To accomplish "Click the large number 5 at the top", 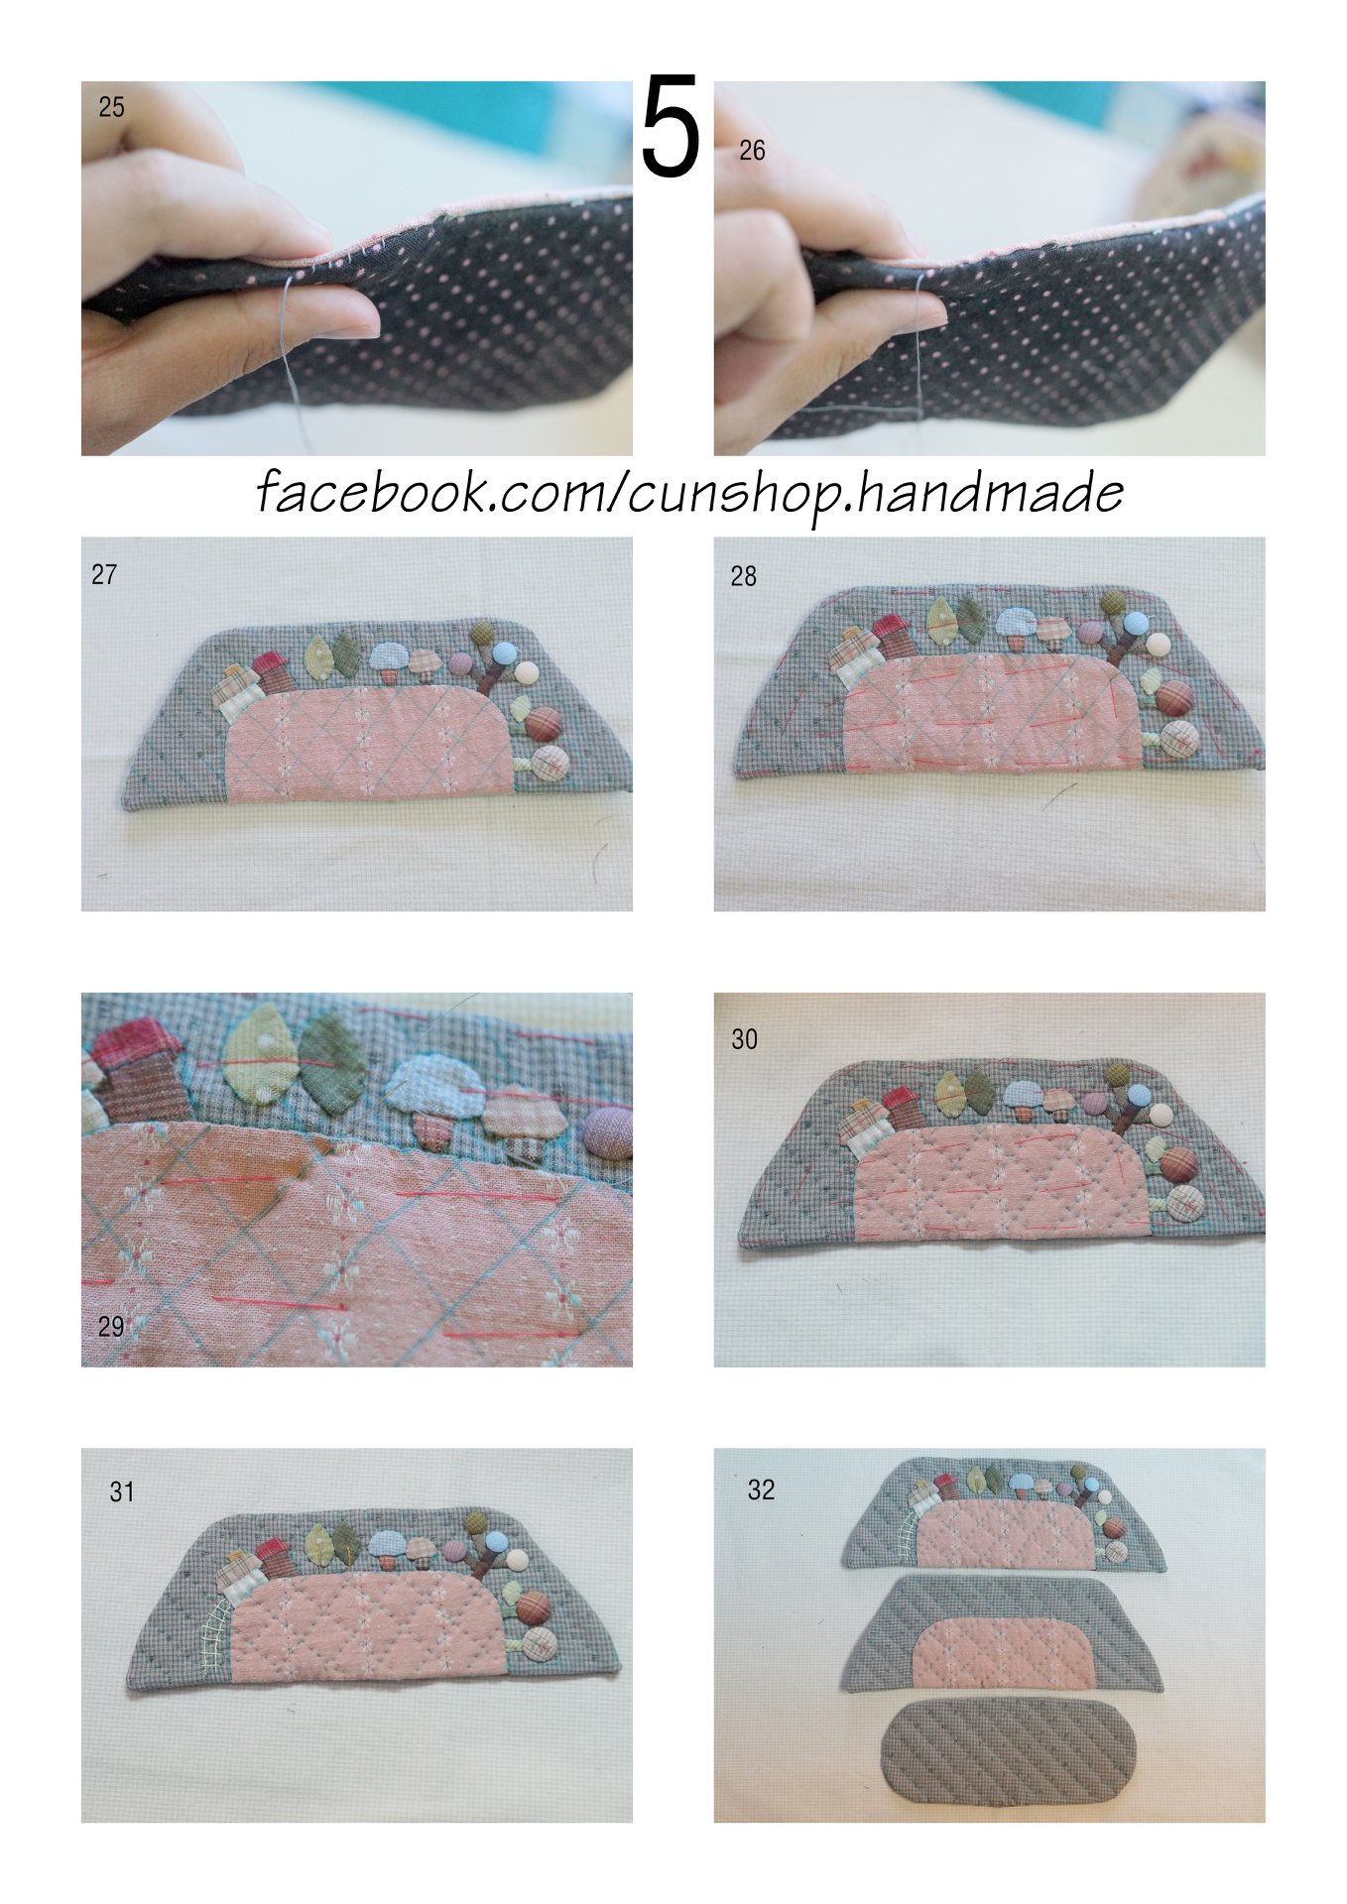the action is [672, 127].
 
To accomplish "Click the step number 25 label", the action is [111, 107].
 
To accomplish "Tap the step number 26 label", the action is [752, 151].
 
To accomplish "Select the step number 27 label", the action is [104, 574].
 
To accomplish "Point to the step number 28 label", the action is [743, 576].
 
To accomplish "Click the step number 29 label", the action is [111, 1326].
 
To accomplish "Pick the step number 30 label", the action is [744, 1039].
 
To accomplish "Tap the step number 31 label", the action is [121, 1491].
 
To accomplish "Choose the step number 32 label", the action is [761, 1489].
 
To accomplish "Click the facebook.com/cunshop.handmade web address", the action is [690, 493].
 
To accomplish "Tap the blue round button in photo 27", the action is [505, 654].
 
